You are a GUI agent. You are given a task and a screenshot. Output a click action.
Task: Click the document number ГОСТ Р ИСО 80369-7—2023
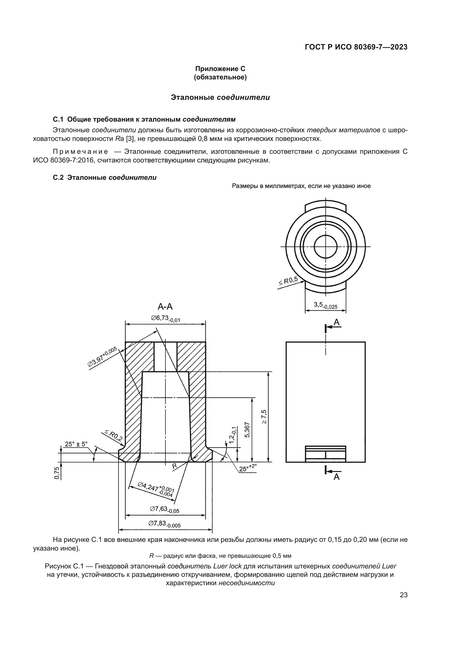coord(356,47)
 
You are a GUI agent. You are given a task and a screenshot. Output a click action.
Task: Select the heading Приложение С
coord(220,69)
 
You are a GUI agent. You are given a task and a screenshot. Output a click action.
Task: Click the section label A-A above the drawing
coord(165,306)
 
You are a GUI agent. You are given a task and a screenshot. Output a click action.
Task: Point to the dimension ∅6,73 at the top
coord(166,318)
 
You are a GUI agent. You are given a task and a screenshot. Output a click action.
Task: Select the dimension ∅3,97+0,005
coord(102,356)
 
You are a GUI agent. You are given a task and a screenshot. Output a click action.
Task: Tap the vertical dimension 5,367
coord(247,429)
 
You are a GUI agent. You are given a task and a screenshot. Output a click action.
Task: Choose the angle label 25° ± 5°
coord(76,444)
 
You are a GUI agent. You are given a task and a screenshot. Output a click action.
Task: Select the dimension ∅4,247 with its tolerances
coord(156,489)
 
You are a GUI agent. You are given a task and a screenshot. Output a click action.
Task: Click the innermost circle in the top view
coord(326,246)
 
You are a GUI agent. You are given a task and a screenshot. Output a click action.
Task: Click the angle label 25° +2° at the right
coord(248,468)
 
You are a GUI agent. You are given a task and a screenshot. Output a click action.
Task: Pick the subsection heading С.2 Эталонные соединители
coord(105,178)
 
